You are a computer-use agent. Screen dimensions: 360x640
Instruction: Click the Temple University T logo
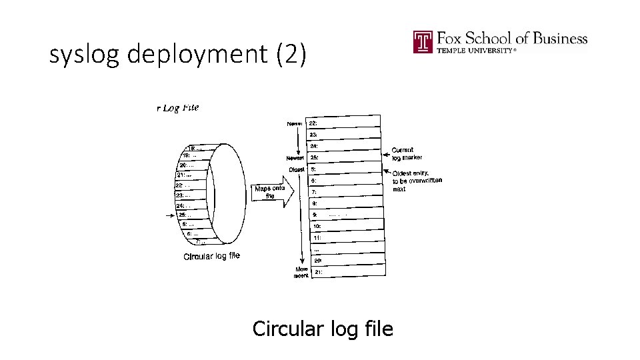point(423,42)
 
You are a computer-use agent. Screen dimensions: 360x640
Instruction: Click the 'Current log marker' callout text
point(407,154)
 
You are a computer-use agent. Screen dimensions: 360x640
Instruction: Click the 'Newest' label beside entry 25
point(295,158)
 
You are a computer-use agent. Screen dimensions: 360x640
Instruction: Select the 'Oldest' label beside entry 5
point(297,169)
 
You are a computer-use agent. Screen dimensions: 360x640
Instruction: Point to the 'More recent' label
point(301,272)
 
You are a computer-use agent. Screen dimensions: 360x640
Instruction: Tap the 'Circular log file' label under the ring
point(211,256)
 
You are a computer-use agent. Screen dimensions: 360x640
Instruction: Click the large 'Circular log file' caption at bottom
point(323,329)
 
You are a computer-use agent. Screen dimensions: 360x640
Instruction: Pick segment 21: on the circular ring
point(184,175)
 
